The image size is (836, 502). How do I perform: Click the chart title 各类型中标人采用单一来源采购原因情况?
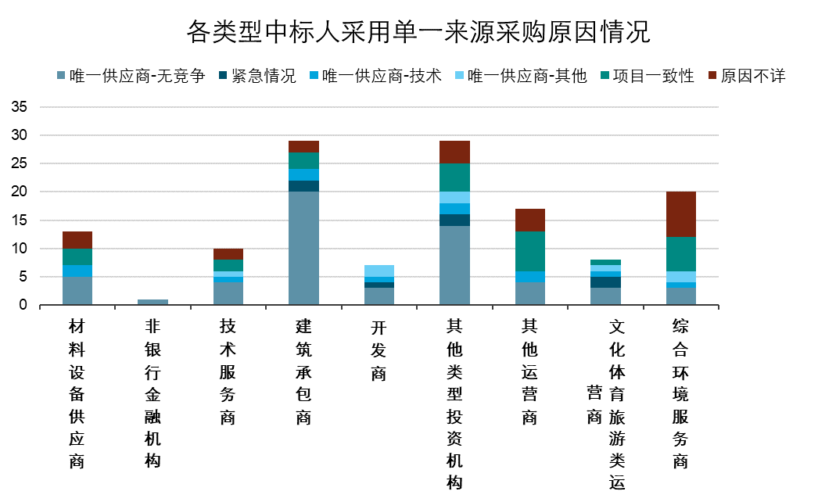point(418,32)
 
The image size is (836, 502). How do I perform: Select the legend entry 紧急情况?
point(264,76)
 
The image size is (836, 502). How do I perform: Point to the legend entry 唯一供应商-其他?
point(527,76)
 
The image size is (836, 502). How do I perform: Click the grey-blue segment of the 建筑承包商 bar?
point(303,248)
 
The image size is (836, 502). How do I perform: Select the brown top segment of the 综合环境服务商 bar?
point(680,214)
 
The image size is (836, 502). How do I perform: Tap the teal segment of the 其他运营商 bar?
point(529,251)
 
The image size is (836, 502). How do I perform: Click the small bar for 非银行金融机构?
point(152,302)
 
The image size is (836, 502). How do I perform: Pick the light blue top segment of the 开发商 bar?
point(379,271)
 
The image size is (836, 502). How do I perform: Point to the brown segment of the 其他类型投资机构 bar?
point(454,152)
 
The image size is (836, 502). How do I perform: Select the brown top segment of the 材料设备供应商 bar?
point(77,240)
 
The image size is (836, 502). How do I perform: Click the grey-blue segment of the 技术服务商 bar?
point(228,293)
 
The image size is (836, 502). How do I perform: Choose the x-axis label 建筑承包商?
point(303,371)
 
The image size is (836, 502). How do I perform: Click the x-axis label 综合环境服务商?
point(680,393)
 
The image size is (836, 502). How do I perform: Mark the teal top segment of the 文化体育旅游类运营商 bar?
point(605,262)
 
